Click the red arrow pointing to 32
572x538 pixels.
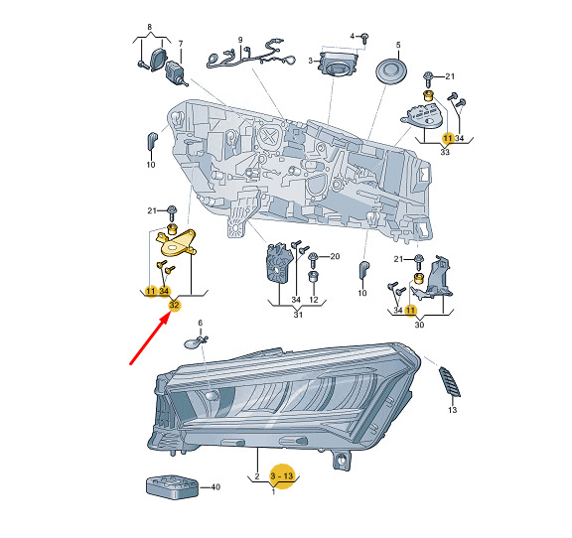coord(150,339)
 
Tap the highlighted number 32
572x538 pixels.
coord(174,305)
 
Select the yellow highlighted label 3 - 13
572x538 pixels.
coord(282,476)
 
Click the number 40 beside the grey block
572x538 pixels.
coord(215,487)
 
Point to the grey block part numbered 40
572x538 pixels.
coord(172,486)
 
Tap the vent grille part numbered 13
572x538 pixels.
coord(450,381)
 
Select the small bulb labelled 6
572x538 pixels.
coord(196,342)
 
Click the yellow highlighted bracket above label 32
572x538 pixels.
coord(177,243)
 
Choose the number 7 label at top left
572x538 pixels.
coord(181,44)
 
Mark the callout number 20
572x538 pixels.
coord(335,256)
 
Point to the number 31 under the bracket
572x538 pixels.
coord(298,314)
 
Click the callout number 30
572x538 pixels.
coord(419,325)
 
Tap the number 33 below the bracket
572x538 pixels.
coord(445,151)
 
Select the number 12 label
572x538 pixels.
coord(314,300)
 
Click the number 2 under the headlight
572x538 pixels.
coord(257,476)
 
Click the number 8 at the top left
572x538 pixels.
coord(150,27)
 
